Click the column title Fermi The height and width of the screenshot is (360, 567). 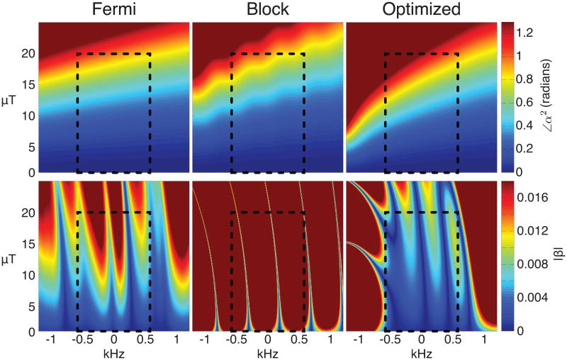click(113, 10)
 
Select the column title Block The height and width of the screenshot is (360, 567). click(267, 10)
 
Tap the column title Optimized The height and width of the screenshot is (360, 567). click(421, 10)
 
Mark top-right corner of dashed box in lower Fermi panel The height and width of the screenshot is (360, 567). click(150, 213)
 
